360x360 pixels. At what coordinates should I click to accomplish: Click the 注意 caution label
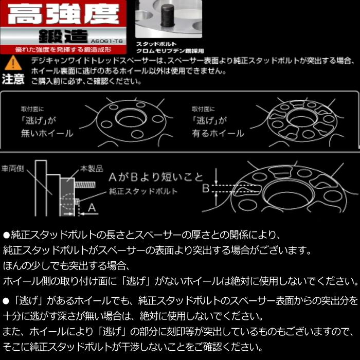[x=13, y=79]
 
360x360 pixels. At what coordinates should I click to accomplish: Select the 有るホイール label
[x=219, y=133]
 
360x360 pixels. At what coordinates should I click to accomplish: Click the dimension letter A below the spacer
[x=91, y=208]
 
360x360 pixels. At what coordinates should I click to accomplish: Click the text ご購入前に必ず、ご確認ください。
[x=85, y=81]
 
